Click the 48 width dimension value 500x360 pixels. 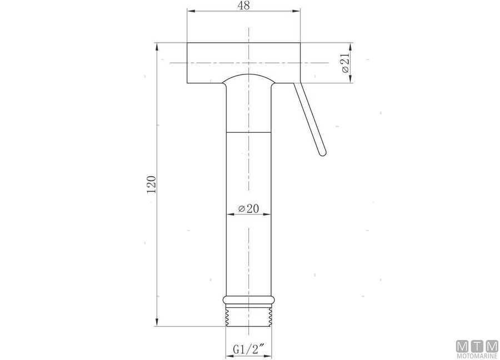point(243,6)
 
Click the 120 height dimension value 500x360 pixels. point(151,184)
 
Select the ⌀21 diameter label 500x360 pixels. point(344,63)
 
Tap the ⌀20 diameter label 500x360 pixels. point(248,208)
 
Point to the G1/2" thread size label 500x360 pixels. point(248,349)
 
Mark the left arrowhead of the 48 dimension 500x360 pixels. point(189,11)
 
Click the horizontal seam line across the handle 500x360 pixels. point(249,132)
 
